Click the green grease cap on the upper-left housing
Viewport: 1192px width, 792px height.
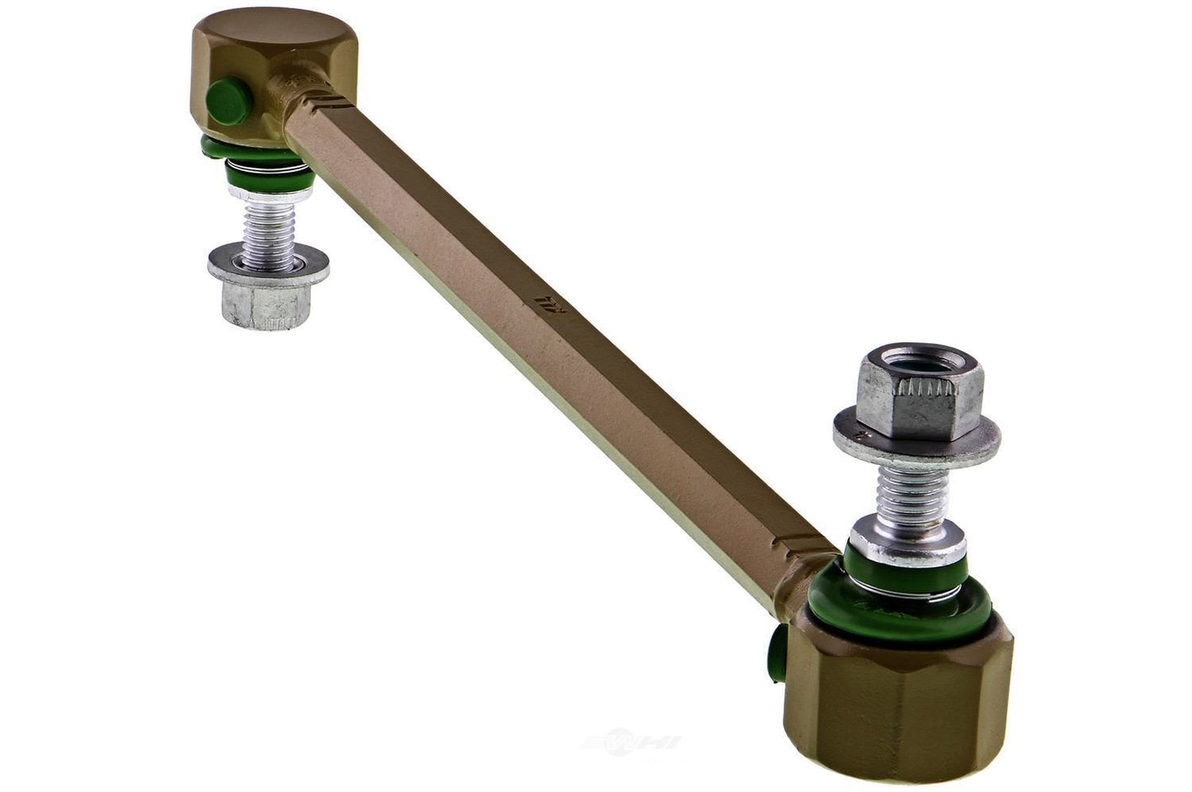pyautogui.click(x=229, y=102)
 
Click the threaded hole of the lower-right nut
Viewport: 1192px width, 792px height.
pyautogui.click(x=910, y=362)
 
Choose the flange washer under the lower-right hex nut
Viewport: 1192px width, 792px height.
pyautogui.click(x=916, y=442)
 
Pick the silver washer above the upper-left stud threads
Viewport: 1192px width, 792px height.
pyautogui.click(x=270, y=195)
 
